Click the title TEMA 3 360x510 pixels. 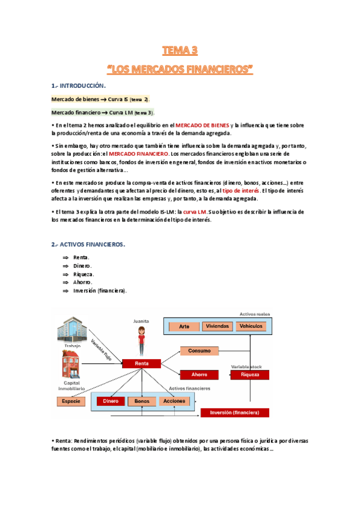[180, 50]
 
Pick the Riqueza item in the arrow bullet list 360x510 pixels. [84, 274]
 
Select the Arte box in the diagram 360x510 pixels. [185, 326]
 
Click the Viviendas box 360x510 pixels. [217, 326]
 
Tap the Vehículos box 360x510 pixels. [251, 326]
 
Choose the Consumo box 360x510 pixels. [199, 351]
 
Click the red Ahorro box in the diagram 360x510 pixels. [199, 374]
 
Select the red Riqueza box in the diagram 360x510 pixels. [249, 374]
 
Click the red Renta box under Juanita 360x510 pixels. [141, 363]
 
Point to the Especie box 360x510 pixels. [71, 401]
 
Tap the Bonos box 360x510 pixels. [142, 401]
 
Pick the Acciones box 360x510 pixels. [174, 401]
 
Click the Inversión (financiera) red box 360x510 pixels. [235, 413]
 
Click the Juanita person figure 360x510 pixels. [141, 340]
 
